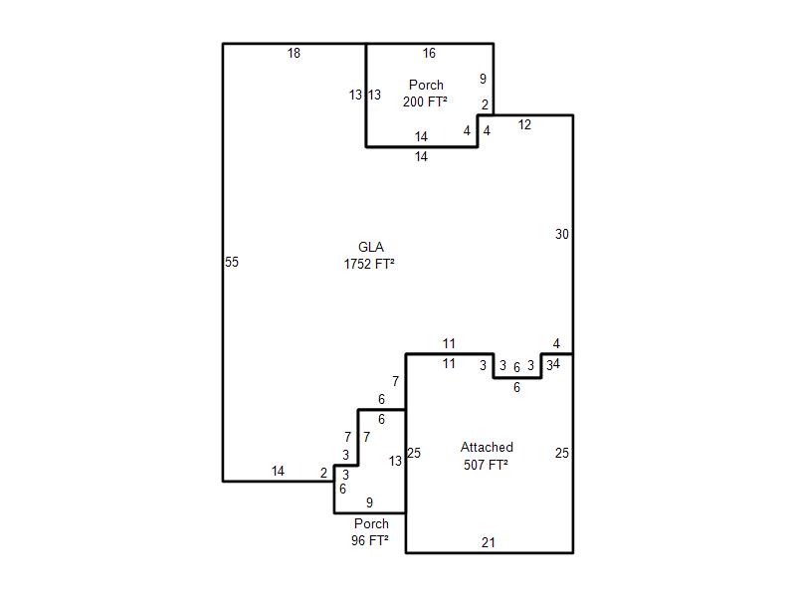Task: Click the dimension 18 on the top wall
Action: tap(294, 54)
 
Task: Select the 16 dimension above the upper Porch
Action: tap(429, 54)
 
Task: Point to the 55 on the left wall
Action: tap(232, 263)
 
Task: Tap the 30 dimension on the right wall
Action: tap(562, 235)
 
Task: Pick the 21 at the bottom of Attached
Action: tap(488, 543)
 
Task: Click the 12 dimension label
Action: tap(524, 125)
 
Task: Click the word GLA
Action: tap(371, 248)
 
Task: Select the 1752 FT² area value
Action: tap(371, 265)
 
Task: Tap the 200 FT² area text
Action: tap(425, 102)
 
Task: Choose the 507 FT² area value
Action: tap(487, 465)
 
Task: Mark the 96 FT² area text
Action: tap(371, 541)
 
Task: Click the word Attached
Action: tap(487, 448)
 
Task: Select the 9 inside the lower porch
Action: tap(369, 502)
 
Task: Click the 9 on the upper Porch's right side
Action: tap(483, 79)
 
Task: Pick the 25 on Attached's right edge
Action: tap(562, 454)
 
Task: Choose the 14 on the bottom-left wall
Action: tap(278, 472)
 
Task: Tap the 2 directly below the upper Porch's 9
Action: tap(485, 104)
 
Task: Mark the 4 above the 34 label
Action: tap(556, 344)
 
